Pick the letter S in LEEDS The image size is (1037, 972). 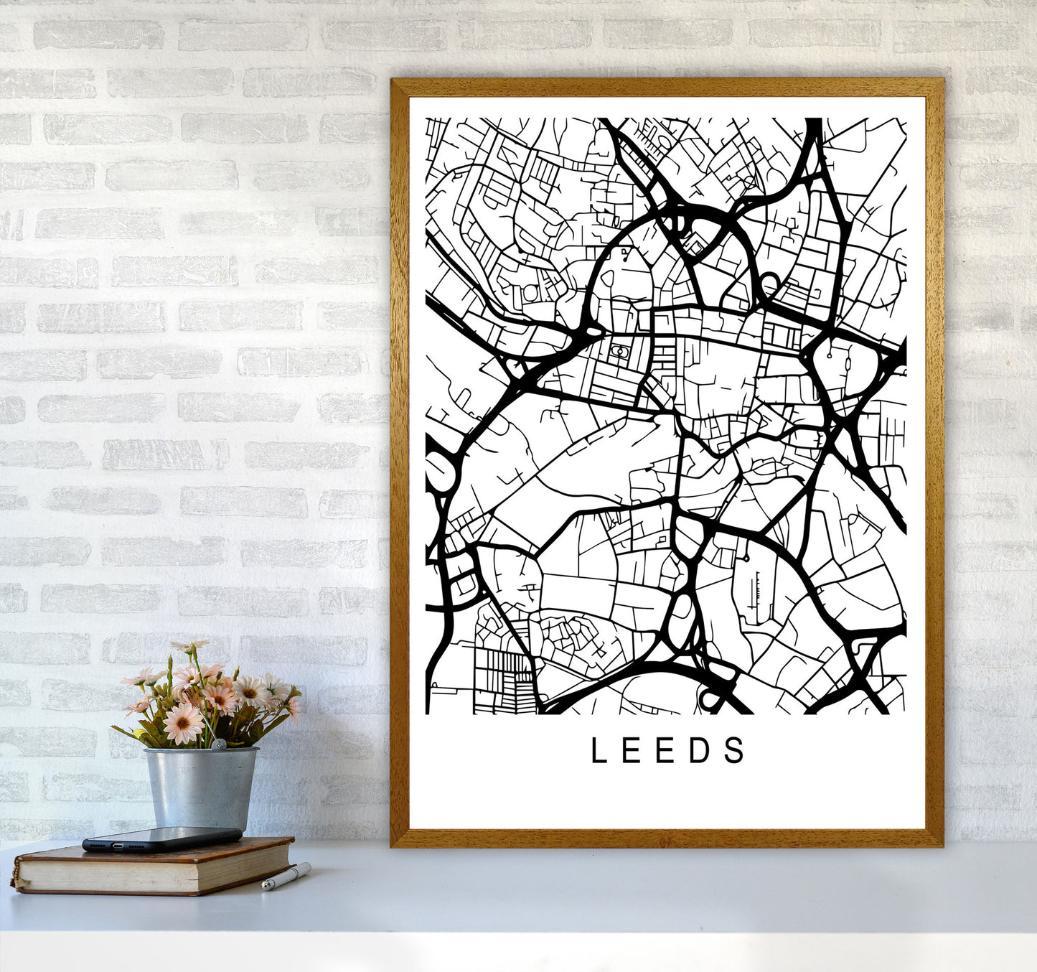[x=735, y=751]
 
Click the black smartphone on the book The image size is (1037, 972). [x=162, y=838]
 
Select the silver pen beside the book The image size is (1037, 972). [x=286, y=877]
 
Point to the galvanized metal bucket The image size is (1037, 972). [x=201, y=786]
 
